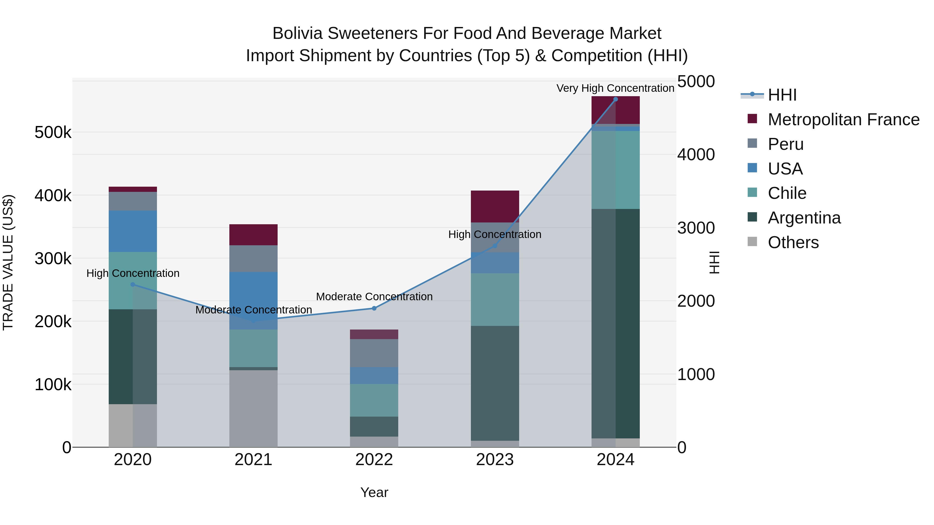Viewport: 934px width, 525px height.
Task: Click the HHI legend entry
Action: (782, 95)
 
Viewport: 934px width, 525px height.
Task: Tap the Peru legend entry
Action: (785, 144)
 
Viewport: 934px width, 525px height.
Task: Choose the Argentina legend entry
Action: (804, 218)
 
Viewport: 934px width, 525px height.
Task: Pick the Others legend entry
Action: (793, 242)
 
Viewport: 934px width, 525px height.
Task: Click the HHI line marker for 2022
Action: (374, 308)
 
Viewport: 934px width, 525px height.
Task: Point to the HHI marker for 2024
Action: (615, 99)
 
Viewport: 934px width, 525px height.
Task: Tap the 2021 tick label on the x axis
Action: (253, 460)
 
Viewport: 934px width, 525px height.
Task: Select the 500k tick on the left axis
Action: (53, 132)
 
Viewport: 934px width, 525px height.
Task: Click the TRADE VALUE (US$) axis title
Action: (8, 262)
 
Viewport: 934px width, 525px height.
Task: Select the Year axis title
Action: (374, 492)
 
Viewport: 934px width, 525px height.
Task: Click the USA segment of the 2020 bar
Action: (133, 231)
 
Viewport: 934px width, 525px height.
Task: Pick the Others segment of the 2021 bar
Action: (253, 408)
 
